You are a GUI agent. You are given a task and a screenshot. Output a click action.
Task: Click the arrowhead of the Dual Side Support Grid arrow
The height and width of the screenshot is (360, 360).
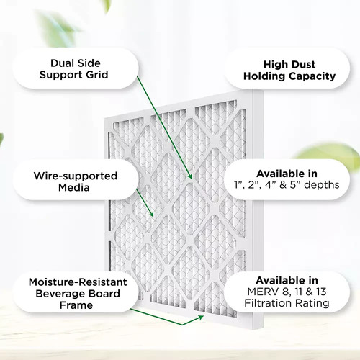click(189, 176)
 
